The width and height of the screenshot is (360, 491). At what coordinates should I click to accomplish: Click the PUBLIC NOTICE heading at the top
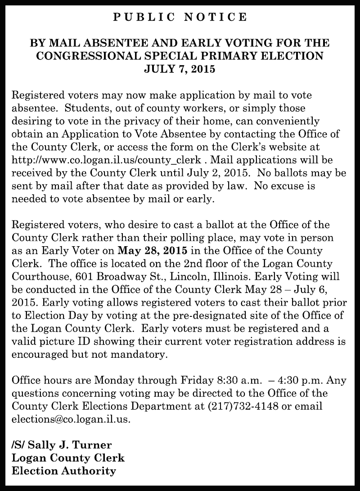point(180,17)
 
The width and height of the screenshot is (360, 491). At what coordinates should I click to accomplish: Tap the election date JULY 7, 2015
point(180,69)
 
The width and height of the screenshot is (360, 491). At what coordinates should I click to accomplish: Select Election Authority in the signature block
point(63,471)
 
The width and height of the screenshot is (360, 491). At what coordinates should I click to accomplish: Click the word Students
point(83,108)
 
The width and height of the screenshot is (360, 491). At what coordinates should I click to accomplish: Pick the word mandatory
point(136,354)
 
